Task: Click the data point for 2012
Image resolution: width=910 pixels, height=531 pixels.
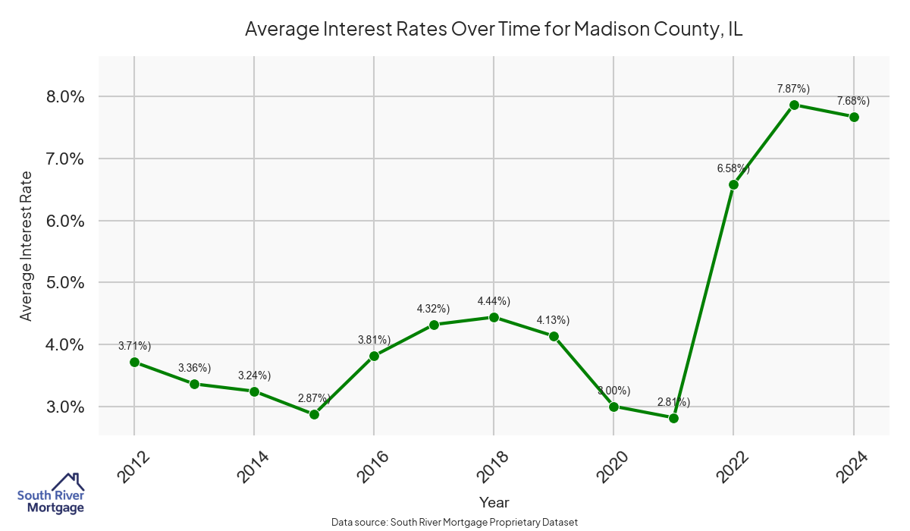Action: (x=134, y=362)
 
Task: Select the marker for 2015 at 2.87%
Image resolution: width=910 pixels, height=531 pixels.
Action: (x=314, y=414)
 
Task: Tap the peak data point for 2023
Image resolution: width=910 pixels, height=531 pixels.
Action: (x=794, y=105)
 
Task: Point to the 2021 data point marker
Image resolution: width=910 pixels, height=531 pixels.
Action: (x=673, y=418)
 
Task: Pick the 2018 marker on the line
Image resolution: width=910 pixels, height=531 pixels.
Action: (x=494, y=317)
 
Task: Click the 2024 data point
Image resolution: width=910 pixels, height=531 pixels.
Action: (x=854, y=117)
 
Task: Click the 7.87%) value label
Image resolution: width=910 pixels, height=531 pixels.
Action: (x=793, y=89)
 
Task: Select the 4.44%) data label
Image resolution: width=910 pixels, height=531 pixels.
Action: (x=494, y=301)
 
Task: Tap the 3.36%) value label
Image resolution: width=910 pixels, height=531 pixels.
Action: (x=194, y=368)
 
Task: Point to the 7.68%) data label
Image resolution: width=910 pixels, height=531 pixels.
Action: (x=853, y=101)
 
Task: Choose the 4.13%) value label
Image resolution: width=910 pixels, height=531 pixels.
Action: (x=554, y=320)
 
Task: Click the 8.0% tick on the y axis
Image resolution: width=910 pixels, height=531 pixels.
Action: (x=65, y=97)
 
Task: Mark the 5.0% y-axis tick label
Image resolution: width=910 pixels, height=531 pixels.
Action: (x=65, y=283)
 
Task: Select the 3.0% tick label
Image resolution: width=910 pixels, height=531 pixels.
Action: (x=65, y=407)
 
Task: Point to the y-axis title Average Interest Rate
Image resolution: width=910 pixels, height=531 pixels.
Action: (x=27, y=246)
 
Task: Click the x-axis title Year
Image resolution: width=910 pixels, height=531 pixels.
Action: (x=494, y=502)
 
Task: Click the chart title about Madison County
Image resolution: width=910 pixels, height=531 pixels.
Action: (x=494, y=30)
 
